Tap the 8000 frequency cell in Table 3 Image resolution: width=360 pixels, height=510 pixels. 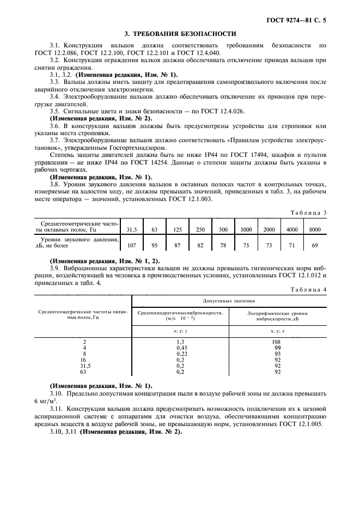point(314,230)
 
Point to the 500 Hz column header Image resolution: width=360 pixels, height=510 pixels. point(223,230)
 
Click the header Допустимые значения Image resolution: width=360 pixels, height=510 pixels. point(229,300)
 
